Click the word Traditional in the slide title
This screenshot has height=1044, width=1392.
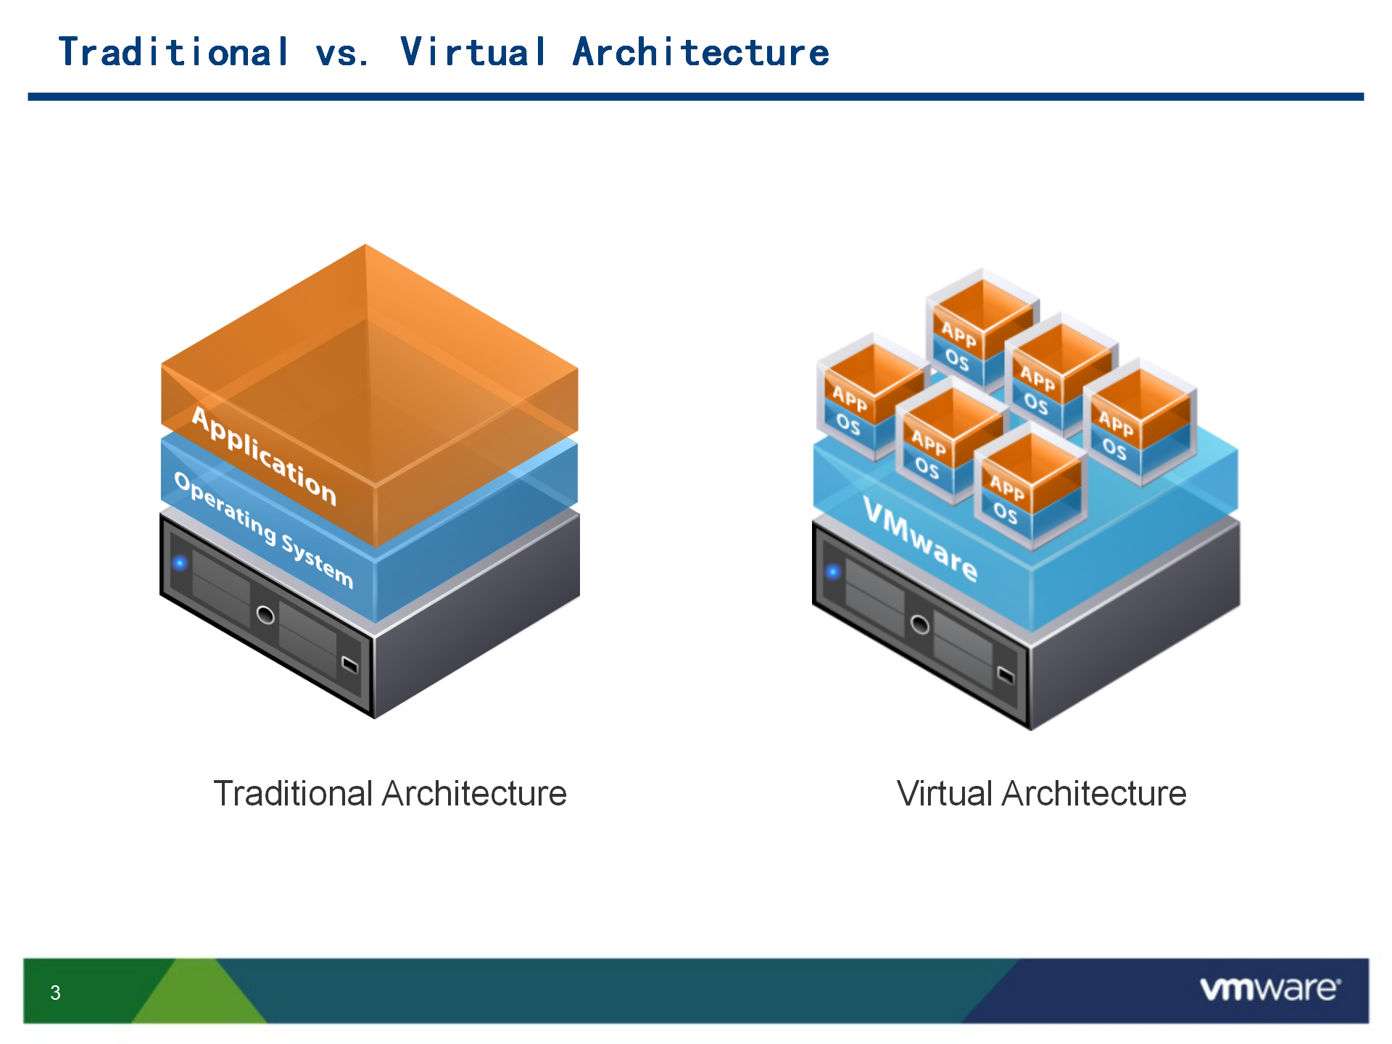pyautogui.click(x=174, y=52)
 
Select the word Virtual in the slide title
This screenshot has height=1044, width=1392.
pyautogui.click(x=473, y=52)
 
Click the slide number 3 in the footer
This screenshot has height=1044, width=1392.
pyautogui.click(x=55, y=993)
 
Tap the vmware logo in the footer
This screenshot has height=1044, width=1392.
pyautogui.click(x=1270, y=989)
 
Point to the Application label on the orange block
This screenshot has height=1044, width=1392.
pyautogui.click(x=264, y=456)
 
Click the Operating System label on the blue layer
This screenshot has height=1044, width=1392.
pyautogui.click(x=264, y=530)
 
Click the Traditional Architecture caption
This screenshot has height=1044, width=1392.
pyautogui.click(x=390, y=793)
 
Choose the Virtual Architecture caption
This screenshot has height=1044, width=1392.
pyautogui.click(x=1041, y=793)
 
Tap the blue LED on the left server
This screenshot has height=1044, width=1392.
pyautogui.click(x=180, y=563)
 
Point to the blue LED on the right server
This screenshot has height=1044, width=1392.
pyautogui.click(x=833, y=572)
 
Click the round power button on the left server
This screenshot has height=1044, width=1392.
pyautogui.click(x=266, y=616)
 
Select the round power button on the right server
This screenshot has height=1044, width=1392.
pyautogui.click(x=920, y=624)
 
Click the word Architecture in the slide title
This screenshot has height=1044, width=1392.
pyautogui.click(x=701, y=52)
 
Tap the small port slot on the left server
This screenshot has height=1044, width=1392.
pyautogui.click(x=349, y=664)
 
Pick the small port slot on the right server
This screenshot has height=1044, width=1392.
pyautogui.click(x=1006, y=675)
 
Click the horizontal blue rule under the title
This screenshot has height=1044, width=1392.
pyautogui.click(x=696, y=96)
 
